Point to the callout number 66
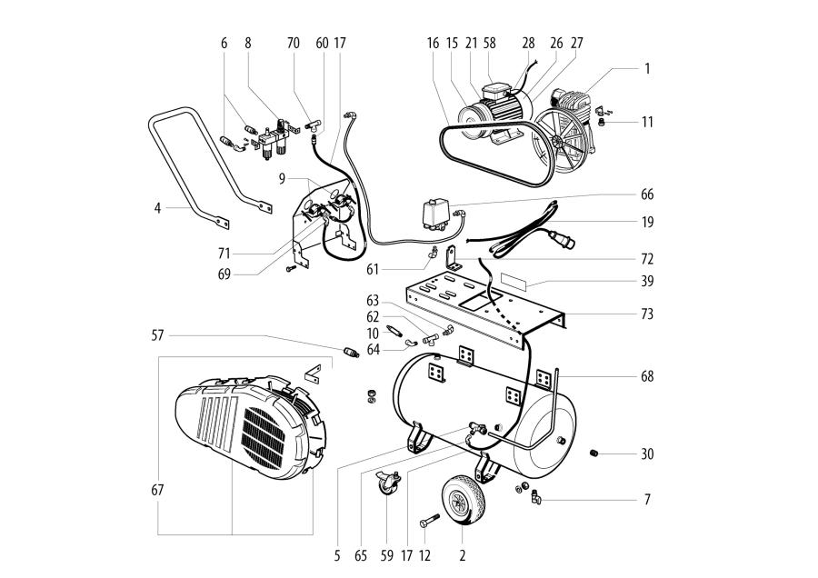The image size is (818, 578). point(646,194)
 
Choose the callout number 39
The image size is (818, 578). point(646,283)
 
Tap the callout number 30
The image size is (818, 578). point(646,453)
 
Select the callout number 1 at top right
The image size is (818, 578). point(646,68)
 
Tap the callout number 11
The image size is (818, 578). point(646,122)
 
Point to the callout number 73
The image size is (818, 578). point(646,314)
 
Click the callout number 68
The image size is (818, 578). point(646,376)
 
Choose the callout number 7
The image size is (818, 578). point(646,500)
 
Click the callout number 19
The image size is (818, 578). point(646,222)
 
